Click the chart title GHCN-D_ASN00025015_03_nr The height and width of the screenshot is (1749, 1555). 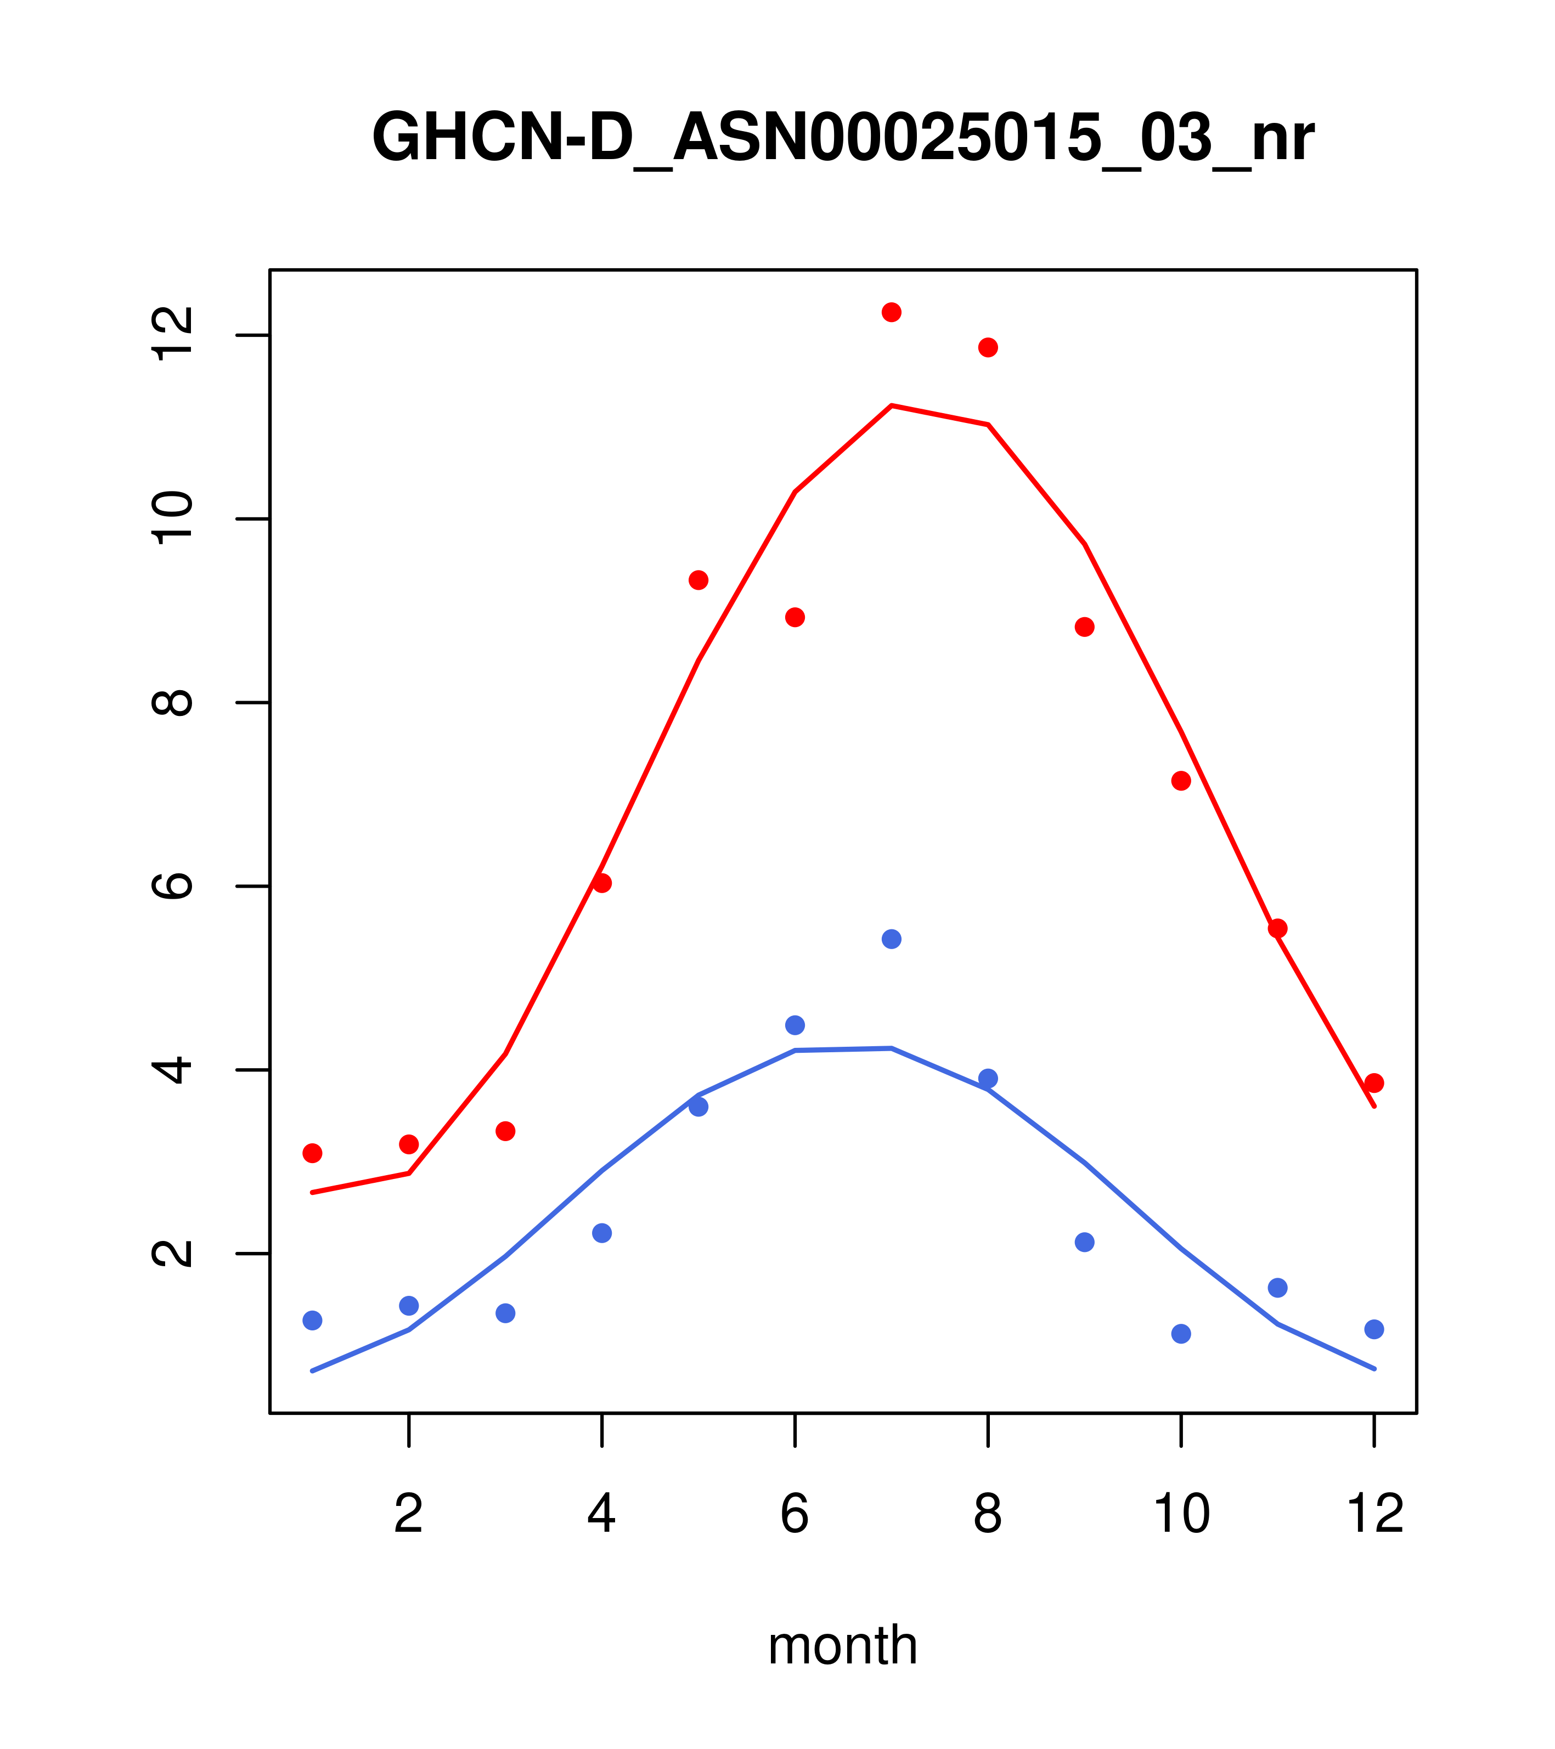[842, 139]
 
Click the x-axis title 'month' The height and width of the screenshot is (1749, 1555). [842, 1645]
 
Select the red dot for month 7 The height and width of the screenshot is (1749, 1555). [891, 312]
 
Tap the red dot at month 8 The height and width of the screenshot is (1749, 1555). [988, 347]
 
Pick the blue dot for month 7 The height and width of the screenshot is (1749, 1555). [891, 940]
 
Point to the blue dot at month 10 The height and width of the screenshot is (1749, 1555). [1181, 1333]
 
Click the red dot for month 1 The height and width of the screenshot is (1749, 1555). [312, 1153]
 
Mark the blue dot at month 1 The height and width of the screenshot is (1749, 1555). [312, 1321]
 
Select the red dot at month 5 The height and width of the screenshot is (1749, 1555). [698, 580]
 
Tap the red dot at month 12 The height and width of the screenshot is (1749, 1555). [1374, 1084]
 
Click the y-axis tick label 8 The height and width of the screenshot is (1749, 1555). [171, 703]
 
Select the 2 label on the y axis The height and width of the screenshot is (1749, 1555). [171, 1254]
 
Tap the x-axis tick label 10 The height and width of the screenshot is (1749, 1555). [1181, 1515]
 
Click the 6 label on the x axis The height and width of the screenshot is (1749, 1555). [795, 1515]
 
